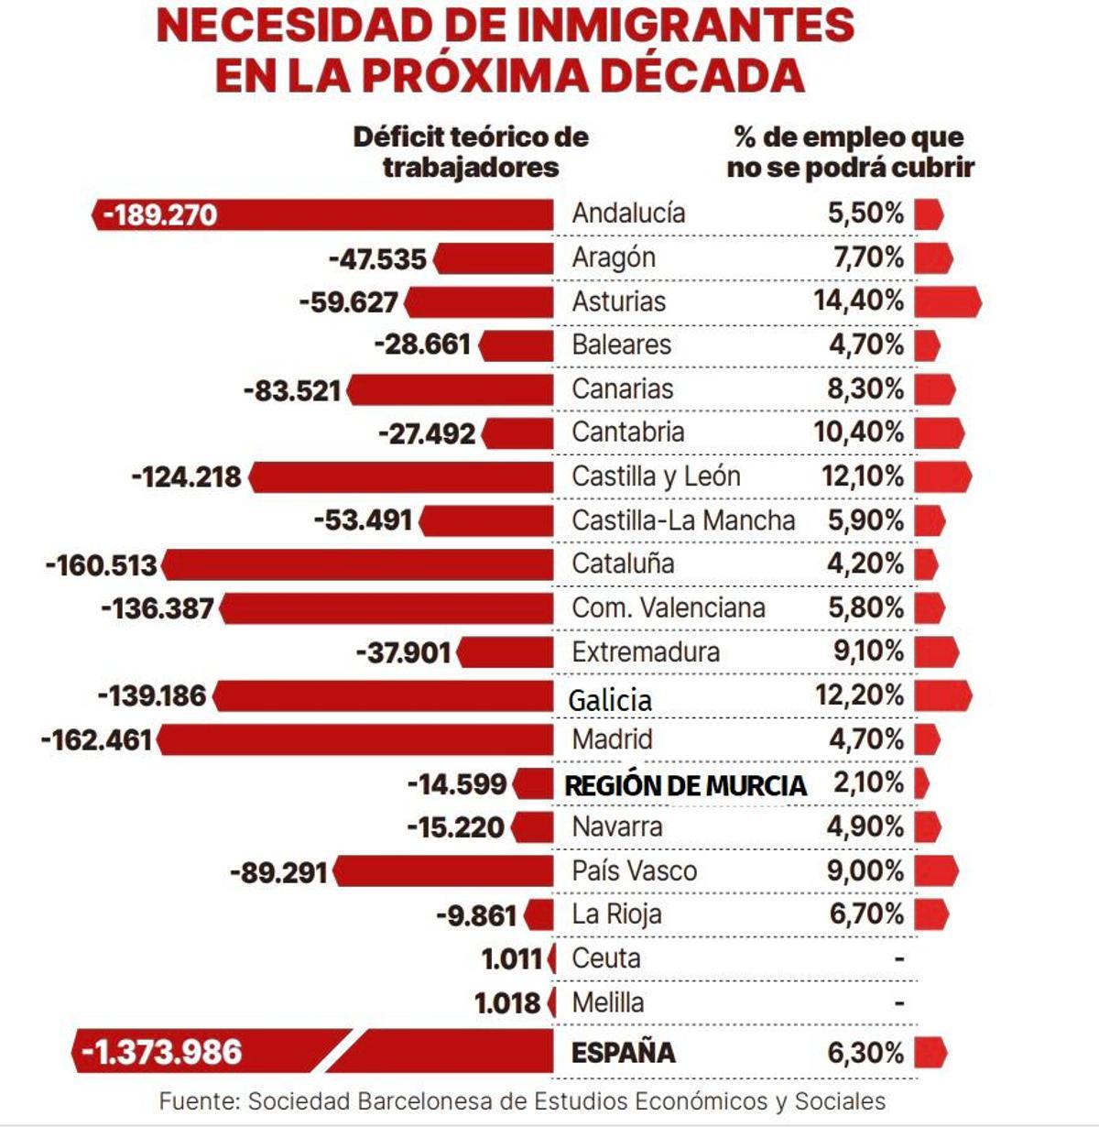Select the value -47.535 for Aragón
click(377, 258)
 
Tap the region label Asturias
click(618, 301)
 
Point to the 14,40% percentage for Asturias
click(858, 301)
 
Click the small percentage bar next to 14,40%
click(947, 301)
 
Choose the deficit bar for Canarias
click(451, 390)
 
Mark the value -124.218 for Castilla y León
click(187, 477)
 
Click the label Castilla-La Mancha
click(683, 520)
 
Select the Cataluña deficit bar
click(357, 564)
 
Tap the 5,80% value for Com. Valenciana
click(865, 607)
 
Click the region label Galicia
click(610, 700)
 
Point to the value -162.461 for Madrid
click(96, 739)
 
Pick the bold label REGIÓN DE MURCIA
click(685, 785)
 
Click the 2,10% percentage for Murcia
click(867, 782)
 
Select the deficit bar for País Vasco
click(443, 870)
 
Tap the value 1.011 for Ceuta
click(512, 958)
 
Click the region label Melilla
click(607, 1002)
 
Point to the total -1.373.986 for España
click(162, 1052)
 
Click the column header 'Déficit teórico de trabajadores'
click(471, 152)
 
